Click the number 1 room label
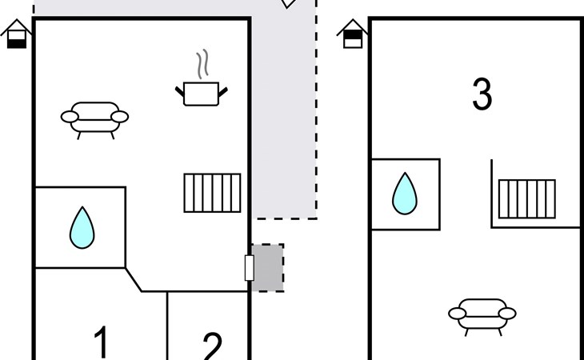101,342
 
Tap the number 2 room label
211,347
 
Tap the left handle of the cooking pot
180,90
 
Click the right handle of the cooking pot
224,90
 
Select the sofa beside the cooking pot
94,118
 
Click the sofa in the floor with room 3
482,313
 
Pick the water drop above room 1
82,227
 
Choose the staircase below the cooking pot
212,193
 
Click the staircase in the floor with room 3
526,198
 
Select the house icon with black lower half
16,34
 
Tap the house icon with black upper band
352,34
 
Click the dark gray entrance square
269,267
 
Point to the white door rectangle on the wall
249,267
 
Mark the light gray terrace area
284,120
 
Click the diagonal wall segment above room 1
134,279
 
